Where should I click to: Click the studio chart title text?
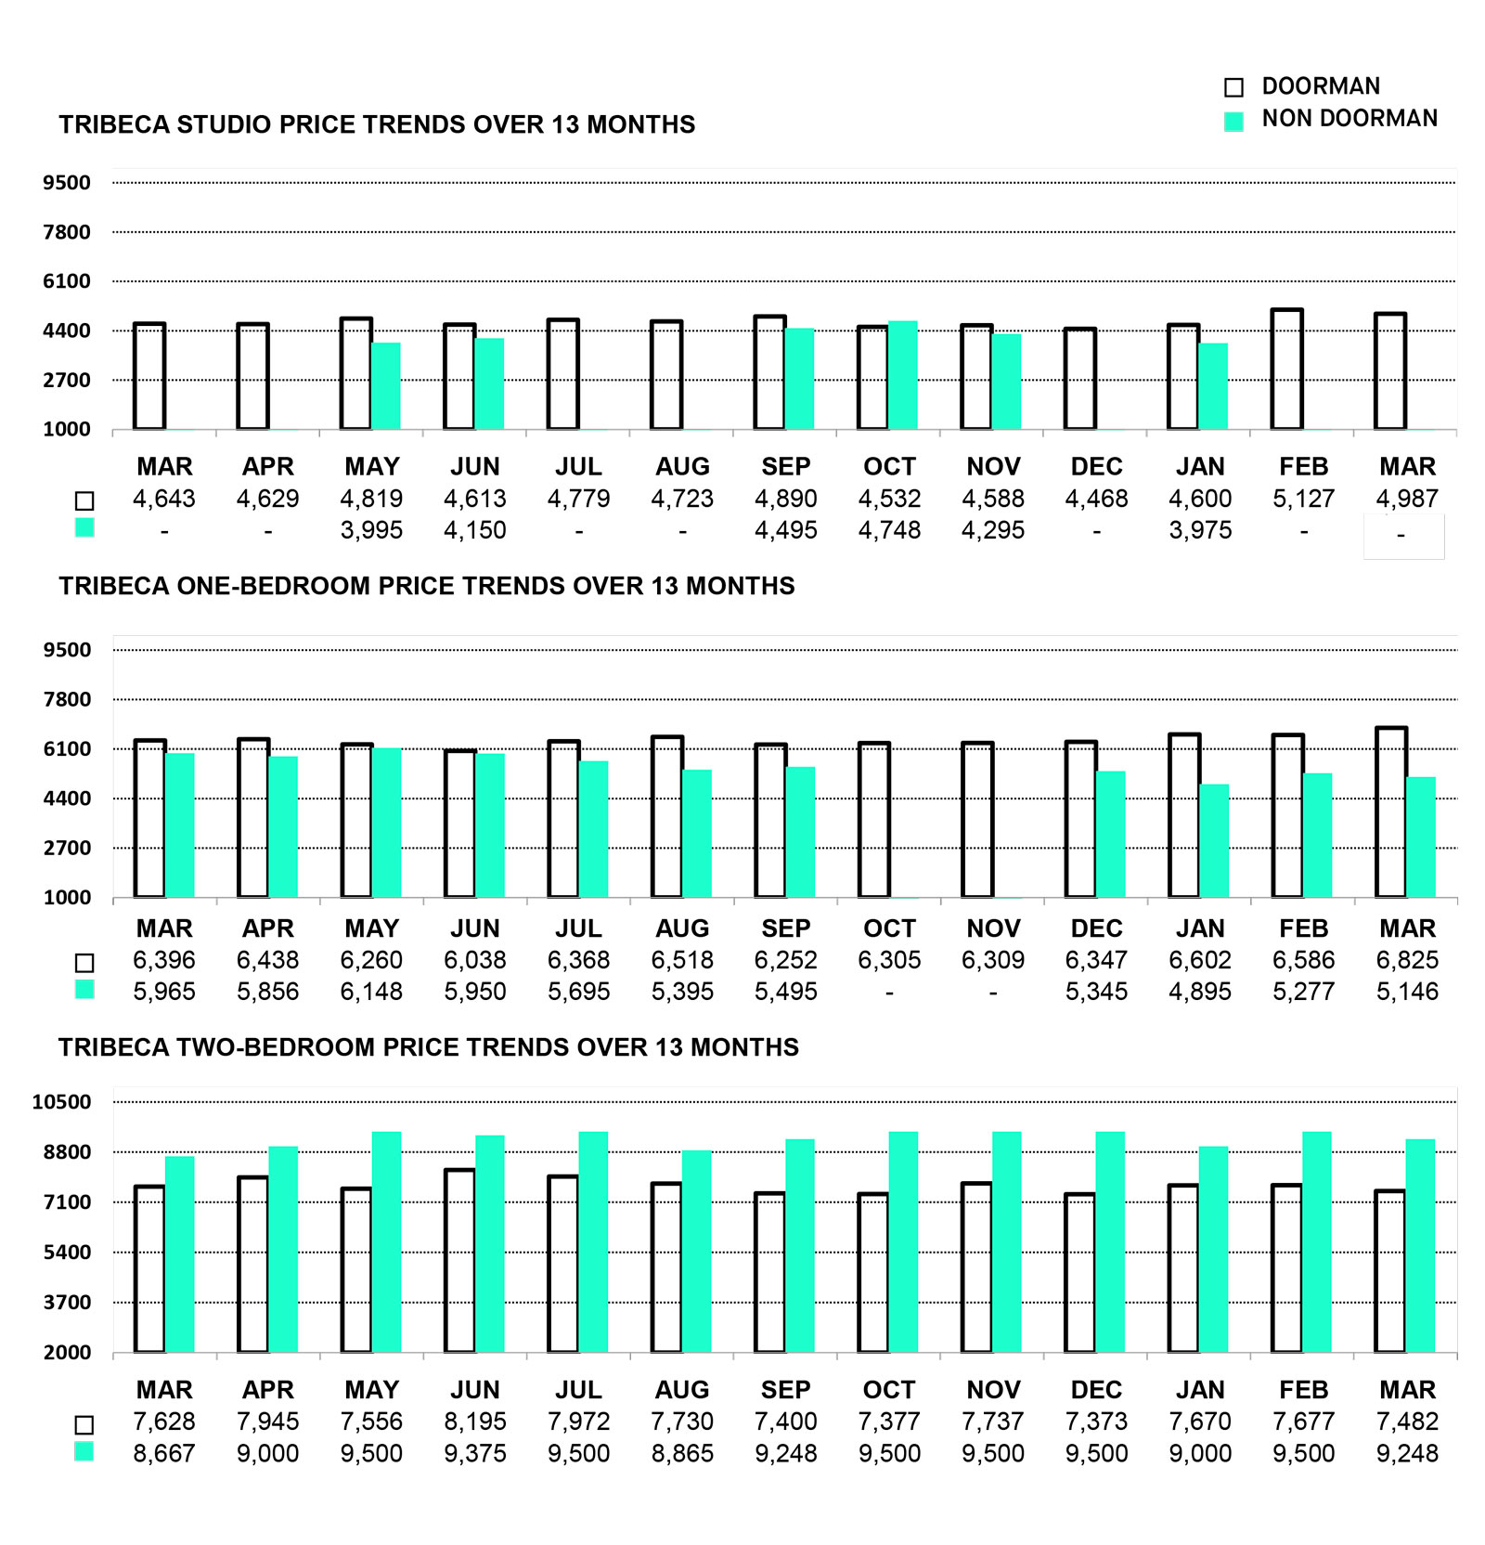click(x=377, y=124)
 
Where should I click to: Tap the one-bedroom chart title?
click(x=427, y=586)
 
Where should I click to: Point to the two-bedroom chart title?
click(x=429, y=1047)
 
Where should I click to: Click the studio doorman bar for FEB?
click(x=1286, y=370)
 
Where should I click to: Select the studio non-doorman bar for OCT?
click(x=903, y=375)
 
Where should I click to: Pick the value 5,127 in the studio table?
click(x=1303, y=499)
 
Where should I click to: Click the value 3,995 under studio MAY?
click(x=371, y=530)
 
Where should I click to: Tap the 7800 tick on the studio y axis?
click(x=67, y=232)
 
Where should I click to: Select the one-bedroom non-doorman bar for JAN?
click(x=1214, y=840)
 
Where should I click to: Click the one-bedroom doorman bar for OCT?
click(x=874, y=820)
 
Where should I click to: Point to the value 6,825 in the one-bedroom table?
click(x=1407, y=960)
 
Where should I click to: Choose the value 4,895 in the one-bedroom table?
click(x=1200, y=992)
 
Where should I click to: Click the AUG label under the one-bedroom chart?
click(x=682, y=928)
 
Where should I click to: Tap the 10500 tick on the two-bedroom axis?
click(x=62, y=1102)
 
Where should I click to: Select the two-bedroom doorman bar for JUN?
click(x=459, y=1260)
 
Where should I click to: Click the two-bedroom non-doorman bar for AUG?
click(x=696, y=1252)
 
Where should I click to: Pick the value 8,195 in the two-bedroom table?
click(x=475, y=1422)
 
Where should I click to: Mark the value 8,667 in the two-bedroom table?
click(x=164, y=1453)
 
